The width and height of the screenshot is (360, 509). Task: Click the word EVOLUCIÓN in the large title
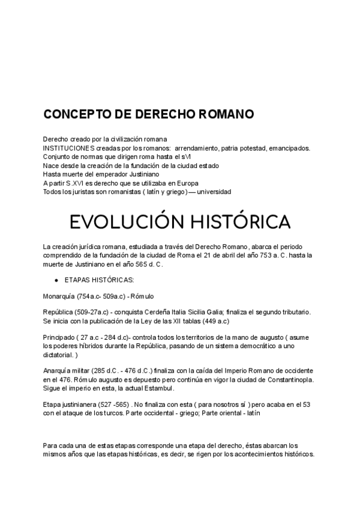tap(116, 221)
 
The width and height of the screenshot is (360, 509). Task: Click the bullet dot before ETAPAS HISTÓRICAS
tap(56, 280)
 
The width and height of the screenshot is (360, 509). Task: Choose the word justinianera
tap(80, 405)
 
